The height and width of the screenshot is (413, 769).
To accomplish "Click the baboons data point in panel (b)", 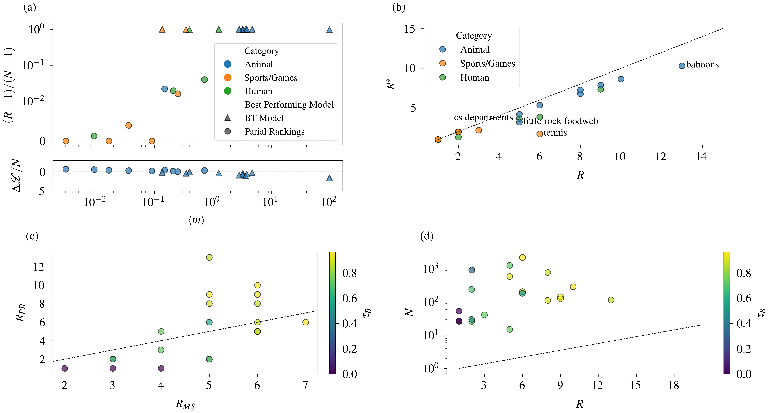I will click(x=682, y=66).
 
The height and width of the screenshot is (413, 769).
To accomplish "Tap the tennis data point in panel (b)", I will click(x=539, y=134).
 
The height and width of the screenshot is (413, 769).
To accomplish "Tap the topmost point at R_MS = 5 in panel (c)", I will click(x=209, y=257).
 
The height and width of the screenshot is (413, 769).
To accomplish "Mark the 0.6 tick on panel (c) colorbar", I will click(x=350, y=298).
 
